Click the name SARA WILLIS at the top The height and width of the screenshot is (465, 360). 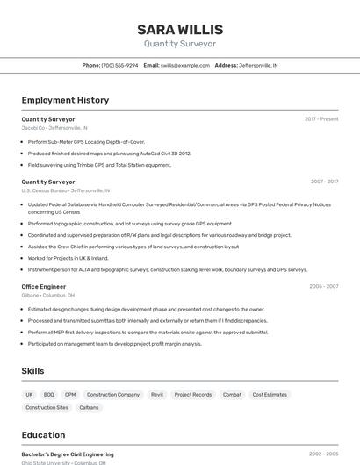(x=180, y=30)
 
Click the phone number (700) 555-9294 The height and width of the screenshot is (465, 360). (x=120, y=65)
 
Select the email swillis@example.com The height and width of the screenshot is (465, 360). (x=184, y=65)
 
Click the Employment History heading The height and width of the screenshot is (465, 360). (x=65, y=100)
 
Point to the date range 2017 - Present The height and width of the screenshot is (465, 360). (x=321, y=119)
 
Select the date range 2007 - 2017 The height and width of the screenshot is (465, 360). (x=324, y=182)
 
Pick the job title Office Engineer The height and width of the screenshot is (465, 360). (x=43, y=286)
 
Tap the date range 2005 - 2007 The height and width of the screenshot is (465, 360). (x=324, y=286)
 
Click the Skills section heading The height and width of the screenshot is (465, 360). (x=33, y=371)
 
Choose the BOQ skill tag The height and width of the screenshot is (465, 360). (x=49, y=395)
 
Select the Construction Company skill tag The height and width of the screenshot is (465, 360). (x=113, y=395)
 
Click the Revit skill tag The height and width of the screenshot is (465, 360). (x=157, y=395)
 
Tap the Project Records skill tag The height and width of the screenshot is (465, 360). (x=193, y=395)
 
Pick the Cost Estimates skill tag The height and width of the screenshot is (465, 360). (x=270, y=395)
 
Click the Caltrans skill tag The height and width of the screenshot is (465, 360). (x=90, y=407)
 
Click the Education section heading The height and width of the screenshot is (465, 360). (x=43, y=435)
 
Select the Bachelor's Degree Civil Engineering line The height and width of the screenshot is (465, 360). (x=67, y=454)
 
